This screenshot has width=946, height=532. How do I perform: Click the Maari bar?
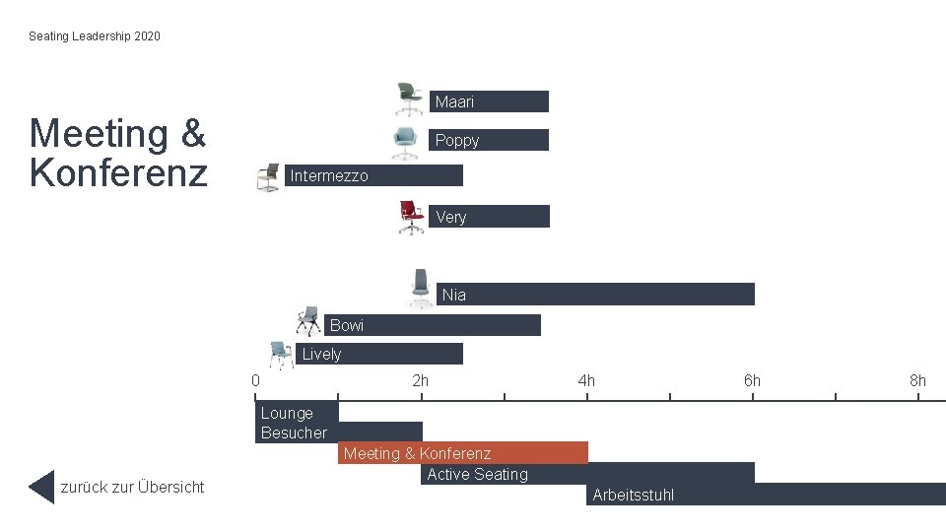click(x=489, y=101)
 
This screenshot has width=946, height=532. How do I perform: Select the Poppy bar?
click(x=489, y=140)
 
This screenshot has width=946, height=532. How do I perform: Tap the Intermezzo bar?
click(x=373, y=175)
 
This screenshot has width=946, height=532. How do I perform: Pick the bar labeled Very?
click(x=489, y=217)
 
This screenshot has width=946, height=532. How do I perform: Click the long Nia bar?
click(x=595, y=295)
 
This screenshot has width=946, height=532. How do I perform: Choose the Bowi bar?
click(x=432, y=325)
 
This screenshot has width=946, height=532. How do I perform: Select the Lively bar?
click(x=378, y=354)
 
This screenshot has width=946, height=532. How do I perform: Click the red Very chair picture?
click(x=412, y=217)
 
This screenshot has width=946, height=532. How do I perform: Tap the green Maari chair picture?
click(x=409, y=99)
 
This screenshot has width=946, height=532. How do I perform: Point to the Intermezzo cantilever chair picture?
click(x=268, y=177)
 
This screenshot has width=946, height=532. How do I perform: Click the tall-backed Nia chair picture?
click(x=421, y=289)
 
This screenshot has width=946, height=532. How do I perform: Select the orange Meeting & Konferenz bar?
click(x=463, y=453)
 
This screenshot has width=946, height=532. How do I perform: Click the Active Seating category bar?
click(x=587, y=474)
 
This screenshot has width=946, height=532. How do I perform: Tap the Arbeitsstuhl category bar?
click(x=767, y=495)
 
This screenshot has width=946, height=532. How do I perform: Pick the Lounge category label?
click(x=287, y=413)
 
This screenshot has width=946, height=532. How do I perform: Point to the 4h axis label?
click(x=586, y=380)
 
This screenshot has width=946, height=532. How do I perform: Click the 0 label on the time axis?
click(x=256, y=380)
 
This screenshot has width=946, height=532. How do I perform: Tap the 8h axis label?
click(x=917, y=380)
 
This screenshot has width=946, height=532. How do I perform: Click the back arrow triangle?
click(x=41, y=487)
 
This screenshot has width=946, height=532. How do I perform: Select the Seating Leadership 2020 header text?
click(x=95, y=36)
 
